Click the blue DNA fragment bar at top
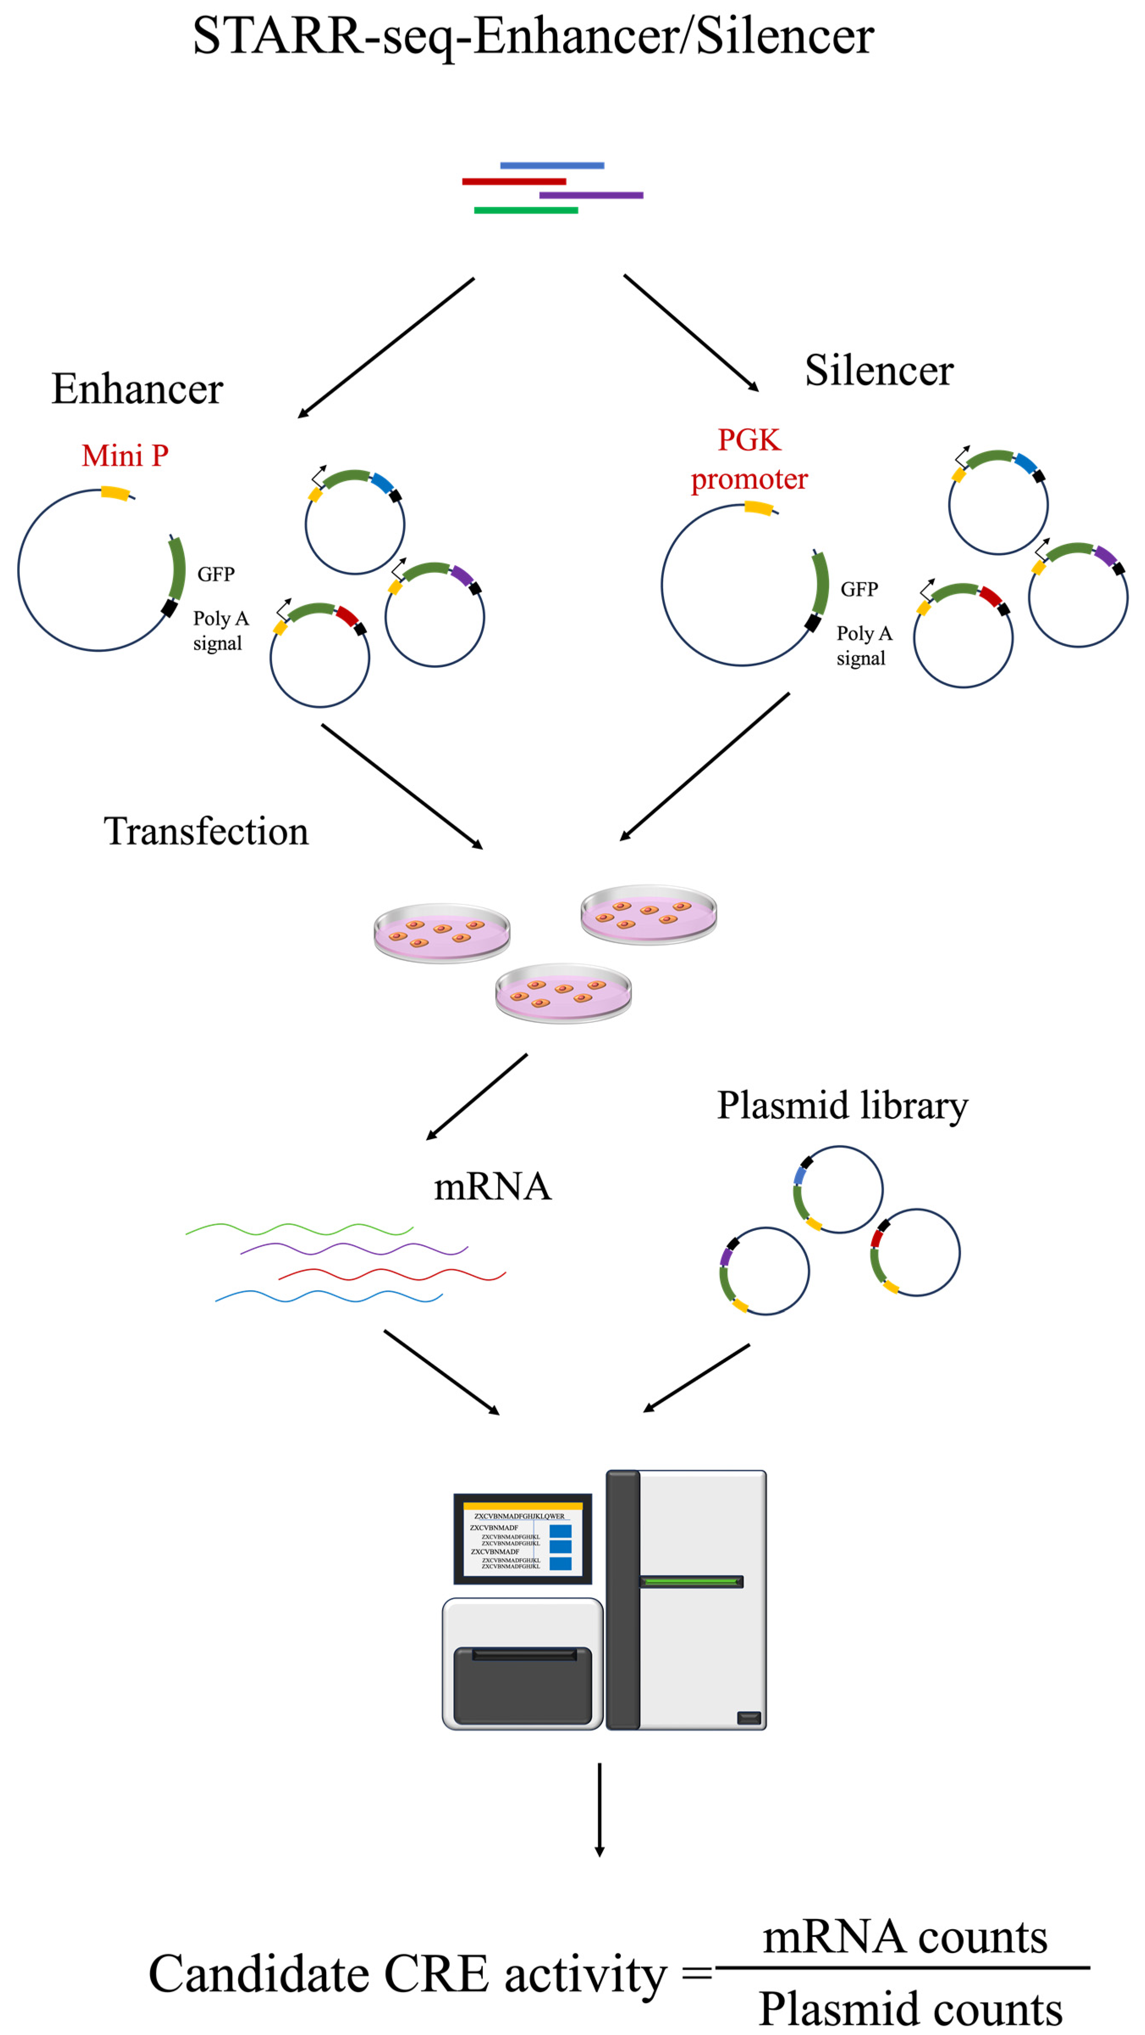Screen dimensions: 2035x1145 (x=552, y=165)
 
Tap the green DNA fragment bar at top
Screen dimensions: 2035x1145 (x=526, y=210)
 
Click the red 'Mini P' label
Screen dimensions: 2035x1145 (x=125, y=456)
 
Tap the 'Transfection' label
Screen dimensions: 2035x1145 (x=206, y=831)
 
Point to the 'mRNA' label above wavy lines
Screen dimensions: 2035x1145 (x=492, y=1186)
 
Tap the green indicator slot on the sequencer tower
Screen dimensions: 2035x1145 (x=691, y=1582)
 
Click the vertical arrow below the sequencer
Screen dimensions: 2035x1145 (x=599, y=1809)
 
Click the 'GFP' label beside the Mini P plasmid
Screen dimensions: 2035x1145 (x=216, y=574)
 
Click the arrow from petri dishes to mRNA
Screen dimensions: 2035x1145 (x=476, y=1096)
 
